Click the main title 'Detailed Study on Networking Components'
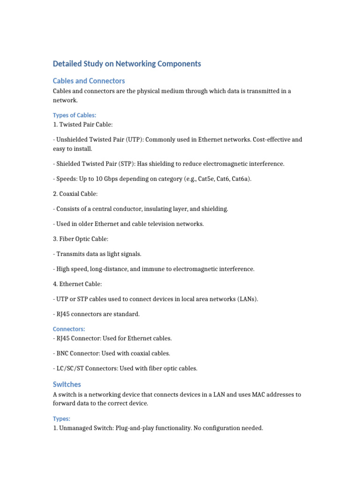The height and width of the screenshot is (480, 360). click(127, 64)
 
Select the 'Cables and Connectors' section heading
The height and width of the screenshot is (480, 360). click(89, 81)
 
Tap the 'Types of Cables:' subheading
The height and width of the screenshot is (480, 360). click(74, 115)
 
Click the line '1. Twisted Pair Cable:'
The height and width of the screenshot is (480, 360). click(82, 124)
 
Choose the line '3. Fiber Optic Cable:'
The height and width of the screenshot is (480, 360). click(80, 239)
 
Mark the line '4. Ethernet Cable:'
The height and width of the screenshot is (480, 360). click(77, 284)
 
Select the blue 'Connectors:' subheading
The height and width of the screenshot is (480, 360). click(69, 329)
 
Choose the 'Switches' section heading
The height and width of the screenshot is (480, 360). click(67, 384)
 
